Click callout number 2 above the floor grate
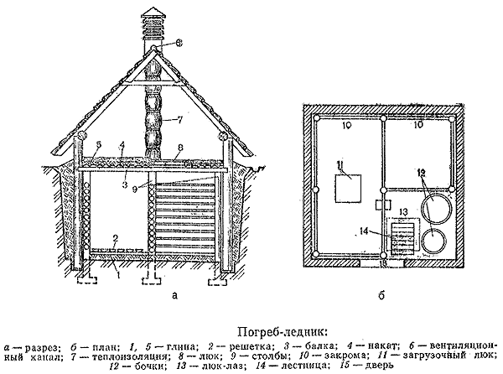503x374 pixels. [x=116, y=239]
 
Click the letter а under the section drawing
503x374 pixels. [x=174, y=294]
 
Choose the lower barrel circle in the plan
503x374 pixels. [x=434, y=242]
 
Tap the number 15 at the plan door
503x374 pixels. [x=381, y=263]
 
